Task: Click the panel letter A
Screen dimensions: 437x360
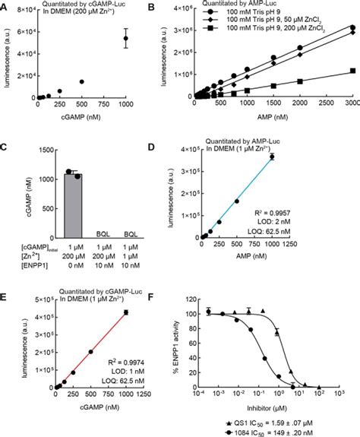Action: coord(5,6)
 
